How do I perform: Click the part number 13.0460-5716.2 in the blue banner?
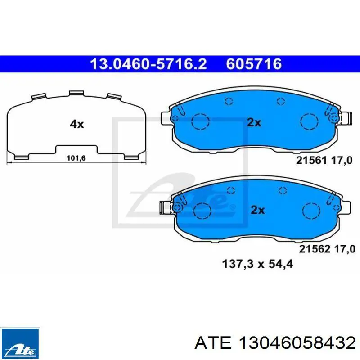click(148, 64)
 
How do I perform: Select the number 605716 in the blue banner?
click(254, 64)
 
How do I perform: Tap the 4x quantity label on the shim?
click(77, 124)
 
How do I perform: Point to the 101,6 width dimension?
click(76, 158)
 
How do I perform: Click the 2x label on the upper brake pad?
click(254, 122)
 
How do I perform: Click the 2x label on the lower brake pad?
click(257, 210)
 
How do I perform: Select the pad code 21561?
click(311, 160)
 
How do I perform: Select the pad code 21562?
click(314, 249)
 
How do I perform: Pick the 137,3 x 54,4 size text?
click(257, 264)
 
